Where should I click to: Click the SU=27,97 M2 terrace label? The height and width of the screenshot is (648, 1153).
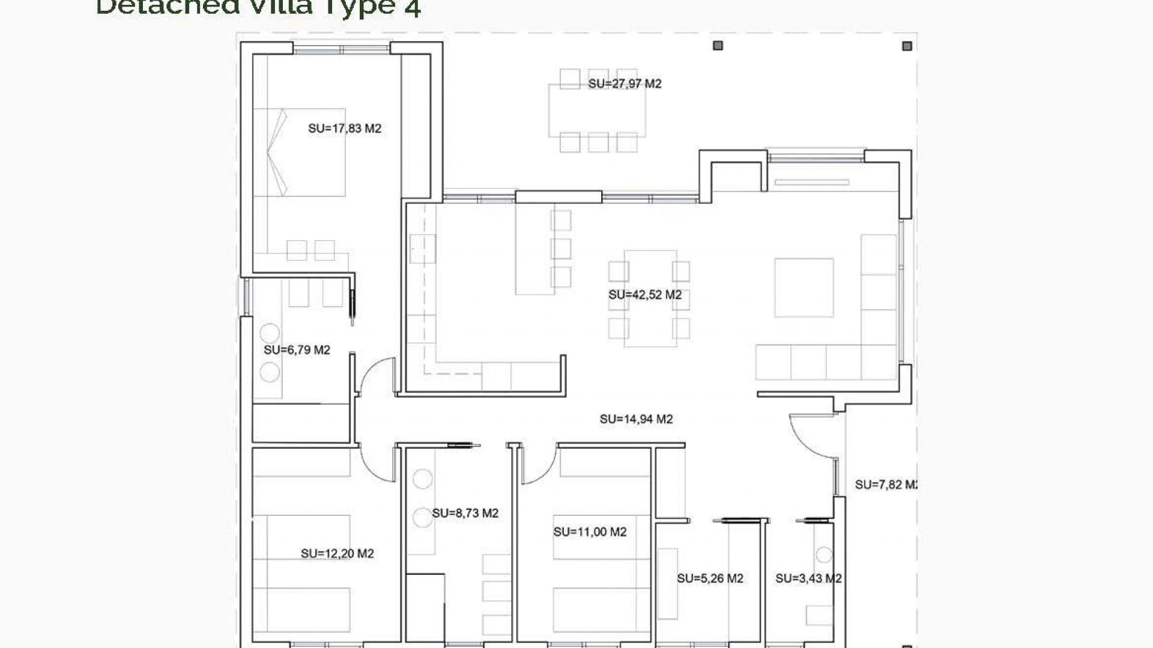[625, 84]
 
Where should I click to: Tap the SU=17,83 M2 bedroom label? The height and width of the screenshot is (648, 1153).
[345, 128]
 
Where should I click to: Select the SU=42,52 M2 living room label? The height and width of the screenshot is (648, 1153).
[645, 295]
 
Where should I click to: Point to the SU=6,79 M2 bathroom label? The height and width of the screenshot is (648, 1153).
[297, 350]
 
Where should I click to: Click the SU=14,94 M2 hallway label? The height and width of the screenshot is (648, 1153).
[636, 419]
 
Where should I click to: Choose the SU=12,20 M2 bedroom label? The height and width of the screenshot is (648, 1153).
[337, 553]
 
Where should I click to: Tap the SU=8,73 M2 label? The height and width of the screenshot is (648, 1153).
[465, 513]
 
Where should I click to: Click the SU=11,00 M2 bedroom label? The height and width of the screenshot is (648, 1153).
[590, 532]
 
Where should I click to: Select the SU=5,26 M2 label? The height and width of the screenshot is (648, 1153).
[710, 578]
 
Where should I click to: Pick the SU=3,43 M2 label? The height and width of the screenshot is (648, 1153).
[808, 578]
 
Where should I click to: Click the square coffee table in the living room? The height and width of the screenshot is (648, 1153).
[803, 287]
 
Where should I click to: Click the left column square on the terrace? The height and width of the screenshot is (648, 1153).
[718, 46]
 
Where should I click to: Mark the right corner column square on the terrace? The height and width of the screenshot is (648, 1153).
[907, 46]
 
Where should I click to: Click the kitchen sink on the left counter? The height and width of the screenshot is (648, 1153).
[422, 249]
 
